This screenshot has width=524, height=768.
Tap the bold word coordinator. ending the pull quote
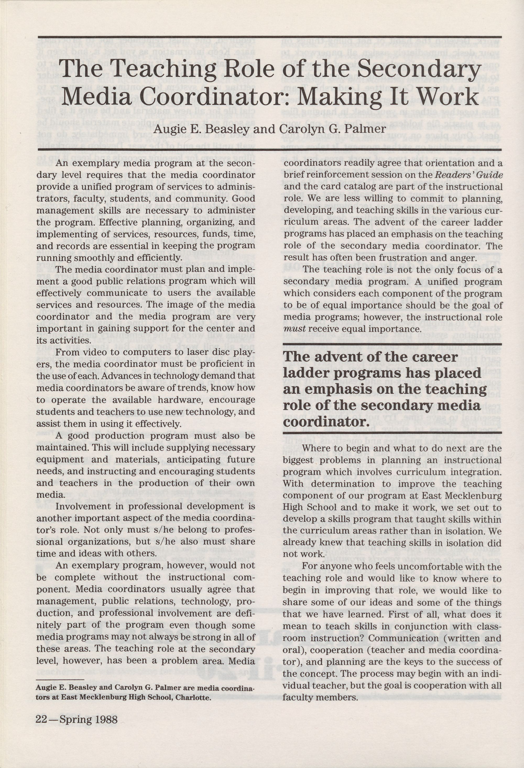(x=326, y=423)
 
